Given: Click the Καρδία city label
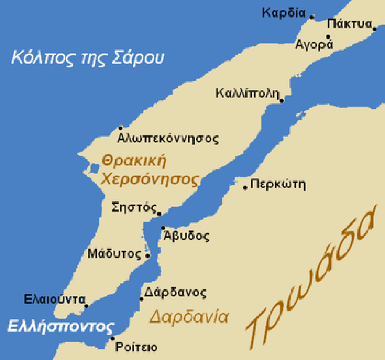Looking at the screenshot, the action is (x=283, y=12).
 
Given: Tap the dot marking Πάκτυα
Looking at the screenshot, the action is (x=374, y=29).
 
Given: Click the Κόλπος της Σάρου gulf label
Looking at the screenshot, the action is (x=87, y=57).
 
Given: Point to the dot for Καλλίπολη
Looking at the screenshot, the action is (x=282, y=101).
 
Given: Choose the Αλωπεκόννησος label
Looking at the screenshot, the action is (x=168, y=139).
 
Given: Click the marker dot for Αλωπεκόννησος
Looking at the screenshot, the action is (x=121, y=128).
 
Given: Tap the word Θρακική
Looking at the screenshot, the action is (x=134, y=161).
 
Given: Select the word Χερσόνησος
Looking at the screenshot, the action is (x=150, y=179).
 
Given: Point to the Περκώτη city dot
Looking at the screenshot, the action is (x=245, y=187).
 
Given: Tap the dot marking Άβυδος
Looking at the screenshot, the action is (x=163, y=228).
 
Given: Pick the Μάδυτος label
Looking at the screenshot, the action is (x=115, y=253).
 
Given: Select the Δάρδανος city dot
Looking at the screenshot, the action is (x=141, y=299).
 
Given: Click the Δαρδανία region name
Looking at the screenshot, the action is (x=188, y=316).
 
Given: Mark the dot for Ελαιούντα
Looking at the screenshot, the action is (x=86, y=306).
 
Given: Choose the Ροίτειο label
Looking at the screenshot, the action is (x=136, y=347).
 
